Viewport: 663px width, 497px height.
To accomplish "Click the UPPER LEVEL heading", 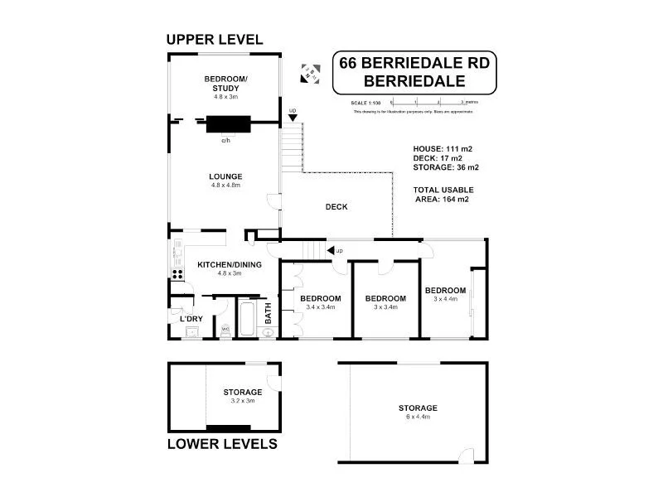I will (215, 39).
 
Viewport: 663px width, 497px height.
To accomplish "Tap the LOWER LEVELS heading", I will (222, 443).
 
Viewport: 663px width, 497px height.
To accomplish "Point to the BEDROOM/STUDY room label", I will (221, 84).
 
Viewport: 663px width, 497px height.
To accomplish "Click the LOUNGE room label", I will (225, 176).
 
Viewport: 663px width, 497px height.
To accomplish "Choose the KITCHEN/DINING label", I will (230, 265).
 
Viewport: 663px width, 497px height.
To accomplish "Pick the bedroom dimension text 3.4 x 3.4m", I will (321, 306).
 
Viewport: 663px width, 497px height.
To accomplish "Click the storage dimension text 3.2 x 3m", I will (243, 400).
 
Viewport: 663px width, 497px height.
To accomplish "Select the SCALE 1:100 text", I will (365, 102).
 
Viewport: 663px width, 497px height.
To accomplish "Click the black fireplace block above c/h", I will (226, 125).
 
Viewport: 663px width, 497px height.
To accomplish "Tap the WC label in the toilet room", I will (225, 329).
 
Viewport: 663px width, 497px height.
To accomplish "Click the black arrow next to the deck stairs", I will (331, 249).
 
